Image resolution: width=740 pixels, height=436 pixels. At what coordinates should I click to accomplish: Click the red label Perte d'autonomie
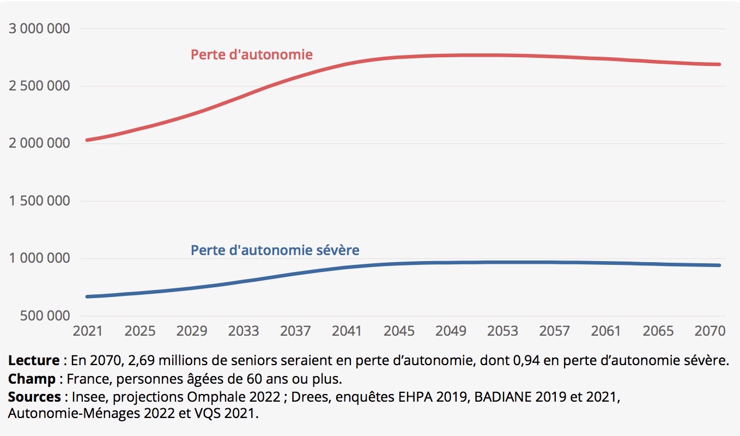(x=251, y=55)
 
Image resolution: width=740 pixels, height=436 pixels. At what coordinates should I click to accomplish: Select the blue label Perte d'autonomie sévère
(x=275, y=250)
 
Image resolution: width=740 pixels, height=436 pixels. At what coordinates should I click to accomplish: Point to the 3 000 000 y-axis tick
(x=39, y=28)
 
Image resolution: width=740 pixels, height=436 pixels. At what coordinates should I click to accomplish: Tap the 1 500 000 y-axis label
(x=39, y=201)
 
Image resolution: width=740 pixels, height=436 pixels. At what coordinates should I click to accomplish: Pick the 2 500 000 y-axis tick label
(x=39, y=86)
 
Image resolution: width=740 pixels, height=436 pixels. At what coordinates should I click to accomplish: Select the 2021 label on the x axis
(x=88, y=331)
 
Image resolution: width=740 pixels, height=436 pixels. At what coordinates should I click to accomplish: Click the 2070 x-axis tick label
(x=709, y=331)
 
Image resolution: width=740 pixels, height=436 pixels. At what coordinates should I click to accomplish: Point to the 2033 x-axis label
(x=243, y=331)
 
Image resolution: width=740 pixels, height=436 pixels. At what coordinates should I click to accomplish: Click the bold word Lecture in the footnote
(x=33, y=360)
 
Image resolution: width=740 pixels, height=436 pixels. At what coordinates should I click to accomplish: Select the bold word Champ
(x=32, y=378)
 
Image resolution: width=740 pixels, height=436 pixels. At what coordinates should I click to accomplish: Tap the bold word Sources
(x=34, y=396)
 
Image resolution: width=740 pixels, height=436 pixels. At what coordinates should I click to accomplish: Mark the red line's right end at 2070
(x=720, y=64)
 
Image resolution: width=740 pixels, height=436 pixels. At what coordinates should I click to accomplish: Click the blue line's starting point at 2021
(x=87, y=296)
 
